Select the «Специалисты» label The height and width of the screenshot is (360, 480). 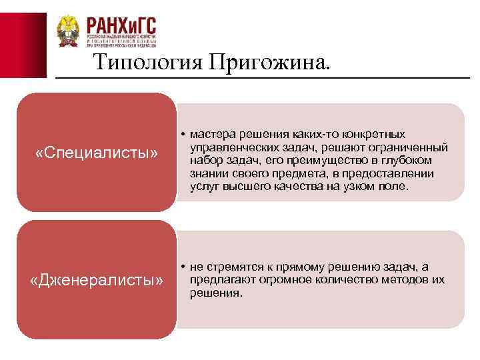click(97, 154)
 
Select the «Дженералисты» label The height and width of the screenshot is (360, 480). click(97, 281)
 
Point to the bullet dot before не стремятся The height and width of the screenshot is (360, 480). click(182, 267)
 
